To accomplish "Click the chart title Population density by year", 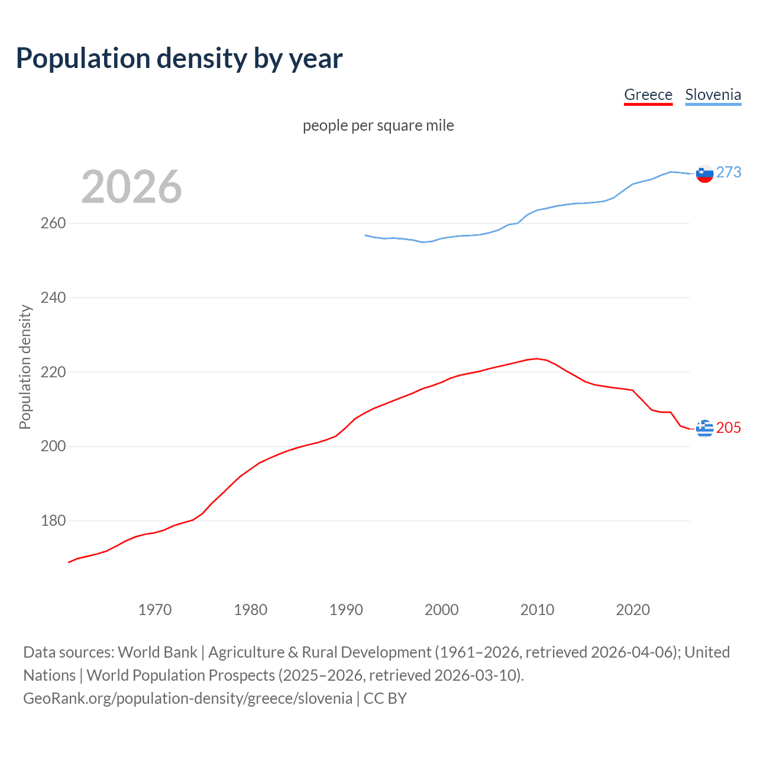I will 179,59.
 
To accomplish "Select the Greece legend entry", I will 648,95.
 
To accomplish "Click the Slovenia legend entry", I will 713,95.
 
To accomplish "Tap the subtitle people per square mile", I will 378,125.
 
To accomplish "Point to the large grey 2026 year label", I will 131,187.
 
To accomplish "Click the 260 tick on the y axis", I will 53,224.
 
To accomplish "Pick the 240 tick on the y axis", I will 53,297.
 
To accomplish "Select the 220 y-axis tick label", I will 53,372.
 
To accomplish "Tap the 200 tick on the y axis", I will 53,446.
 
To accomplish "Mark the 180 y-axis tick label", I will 53,520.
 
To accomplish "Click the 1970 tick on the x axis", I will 155,610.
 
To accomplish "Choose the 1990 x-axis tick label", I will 346,610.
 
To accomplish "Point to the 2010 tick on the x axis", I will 537,610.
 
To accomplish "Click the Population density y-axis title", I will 25,367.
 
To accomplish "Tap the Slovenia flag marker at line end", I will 704,174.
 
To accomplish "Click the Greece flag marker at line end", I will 704,428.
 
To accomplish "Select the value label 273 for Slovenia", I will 729,172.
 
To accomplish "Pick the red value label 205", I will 729,428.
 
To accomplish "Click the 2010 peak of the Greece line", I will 537,358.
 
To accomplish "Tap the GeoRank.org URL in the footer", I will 187,698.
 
